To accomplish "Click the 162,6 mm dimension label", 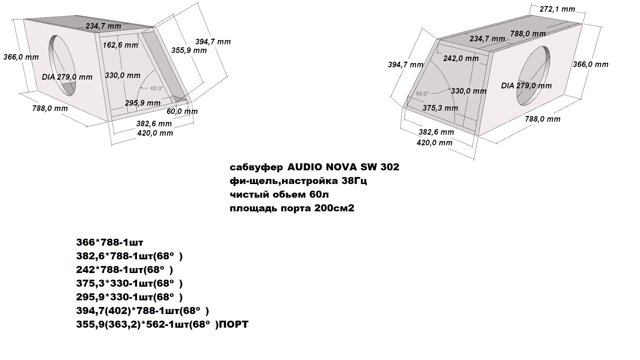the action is click(x=120, y=45).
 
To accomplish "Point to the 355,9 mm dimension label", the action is click(x=189, y=50).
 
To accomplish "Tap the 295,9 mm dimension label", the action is click(x=143, y=103).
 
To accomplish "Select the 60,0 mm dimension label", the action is click(x=182, y=111).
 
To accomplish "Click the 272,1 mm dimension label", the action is click(x=557, y=9).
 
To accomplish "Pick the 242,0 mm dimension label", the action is click(x=461, y=58).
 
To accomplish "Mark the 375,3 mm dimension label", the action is click(x=440, y=108).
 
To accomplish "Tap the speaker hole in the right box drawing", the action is click(x=533, y=76).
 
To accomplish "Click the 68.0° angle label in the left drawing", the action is click(x=157, y=88).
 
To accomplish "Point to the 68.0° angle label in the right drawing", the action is click(x=422, y=94).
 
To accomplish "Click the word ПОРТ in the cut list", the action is click(x=235, y=324).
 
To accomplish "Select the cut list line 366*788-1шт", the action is click(x=110, y=242).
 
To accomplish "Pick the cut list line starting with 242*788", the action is click(x=125, y=270).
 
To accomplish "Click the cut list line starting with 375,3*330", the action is click(x=130, y=283).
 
